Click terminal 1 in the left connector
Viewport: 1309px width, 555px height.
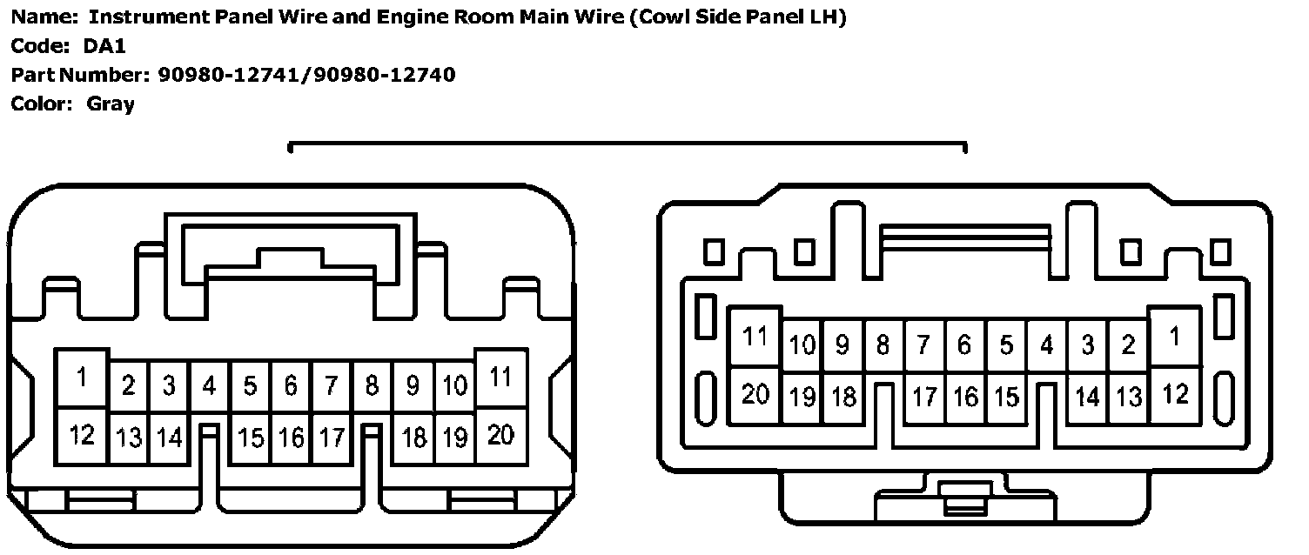click(x=82, y=378)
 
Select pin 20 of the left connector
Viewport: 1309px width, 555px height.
click(x=501, y=434)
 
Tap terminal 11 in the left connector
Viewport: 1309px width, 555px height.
click(x=501, y=378)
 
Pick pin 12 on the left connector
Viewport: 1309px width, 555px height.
click(x=82, y=434)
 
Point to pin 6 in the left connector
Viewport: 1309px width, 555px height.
click(x=291, y=385)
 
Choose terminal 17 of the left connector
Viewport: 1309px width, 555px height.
click(x=332, y=437)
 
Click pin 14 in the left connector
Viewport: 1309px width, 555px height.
click(x=169, y=437)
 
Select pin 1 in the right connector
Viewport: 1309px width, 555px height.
click(x=1175, y=336)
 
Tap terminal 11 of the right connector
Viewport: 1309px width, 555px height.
click(x=755, y=336)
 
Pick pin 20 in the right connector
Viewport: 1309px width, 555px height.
click(x=755, y=394)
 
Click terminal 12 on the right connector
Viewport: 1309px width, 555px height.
click(x=1175, y=394)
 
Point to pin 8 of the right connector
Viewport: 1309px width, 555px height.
click(x=883, y=345)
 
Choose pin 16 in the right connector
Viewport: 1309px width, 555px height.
click(x=965, y=398)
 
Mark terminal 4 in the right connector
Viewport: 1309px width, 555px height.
click(x=1047, y=345)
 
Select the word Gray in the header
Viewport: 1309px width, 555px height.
click(x=111, y=104)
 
